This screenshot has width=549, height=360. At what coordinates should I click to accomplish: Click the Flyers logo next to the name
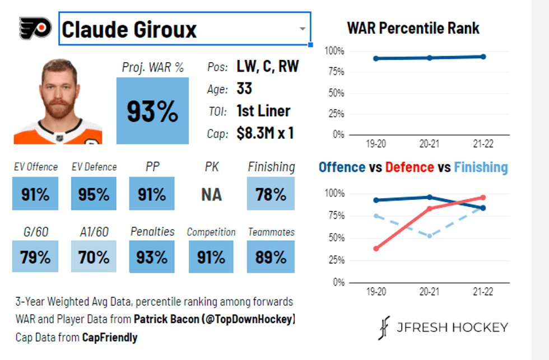click(x=35, y=27)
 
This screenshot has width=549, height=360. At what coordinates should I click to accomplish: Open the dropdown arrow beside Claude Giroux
click(x=302, y=29)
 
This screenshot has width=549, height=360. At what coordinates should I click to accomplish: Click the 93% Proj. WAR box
click(x=152, y=111)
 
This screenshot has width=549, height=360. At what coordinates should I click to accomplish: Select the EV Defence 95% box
click(x=94, y=194)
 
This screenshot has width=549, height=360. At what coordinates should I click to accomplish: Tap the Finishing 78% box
click(x=271, y=194)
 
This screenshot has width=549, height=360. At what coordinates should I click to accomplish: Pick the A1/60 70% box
click(x=94, y=256)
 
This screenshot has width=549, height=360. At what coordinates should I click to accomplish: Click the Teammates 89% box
click(x=271, y=256)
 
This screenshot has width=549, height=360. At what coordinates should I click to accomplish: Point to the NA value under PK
click(x=212, y=194)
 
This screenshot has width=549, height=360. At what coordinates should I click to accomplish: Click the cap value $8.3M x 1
click(x=265, y=133)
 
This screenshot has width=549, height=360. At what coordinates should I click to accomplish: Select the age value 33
click(x=244, y=88)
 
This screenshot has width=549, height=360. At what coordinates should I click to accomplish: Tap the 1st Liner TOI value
click(x=263, y=111)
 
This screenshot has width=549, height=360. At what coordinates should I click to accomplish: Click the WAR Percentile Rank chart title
click(x=413, y=27)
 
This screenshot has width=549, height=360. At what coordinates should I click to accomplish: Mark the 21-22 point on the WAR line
click(x=483, y=57)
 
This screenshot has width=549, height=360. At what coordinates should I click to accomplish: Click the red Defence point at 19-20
click(x=376, y=249)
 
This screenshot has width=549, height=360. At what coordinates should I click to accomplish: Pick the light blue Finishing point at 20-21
click(x=430, y=236)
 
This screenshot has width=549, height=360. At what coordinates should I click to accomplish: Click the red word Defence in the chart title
click(x=409, y=167)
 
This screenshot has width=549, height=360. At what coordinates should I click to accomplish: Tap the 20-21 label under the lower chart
click(x=430, y=292)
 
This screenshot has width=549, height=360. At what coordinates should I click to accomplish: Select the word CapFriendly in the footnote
click(x=109, y=337)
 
